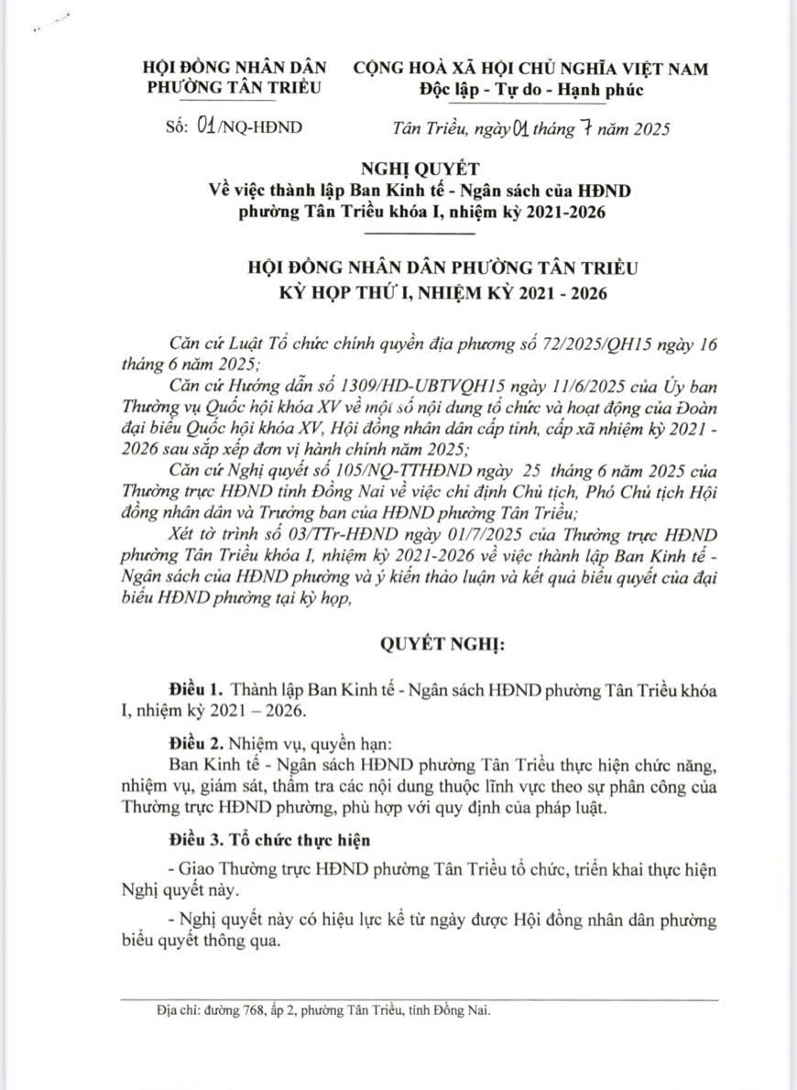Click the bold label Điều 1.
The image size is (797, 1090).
click(x=197, y=688)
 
